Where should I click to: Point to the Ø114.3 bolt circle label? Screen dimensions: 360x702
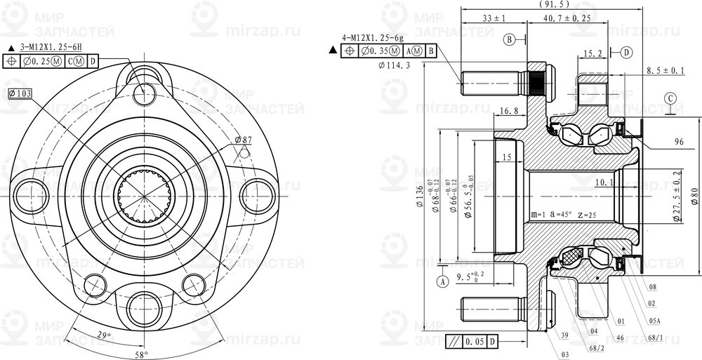pos(394,65)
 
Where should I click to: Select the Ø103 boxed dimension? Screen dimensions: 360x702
pos(22,93)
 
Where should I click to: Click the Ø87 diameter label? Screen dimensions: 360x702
pos(243,140)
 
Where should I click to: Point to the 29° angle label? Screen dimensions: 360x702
pos(104,336)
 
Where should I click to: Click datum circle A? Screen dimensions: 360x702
pos(442,281)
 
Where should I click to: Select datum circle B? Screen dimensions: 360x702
pos(510,39)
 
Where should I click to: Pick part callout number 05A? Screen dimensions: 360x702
pos(654,319)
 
